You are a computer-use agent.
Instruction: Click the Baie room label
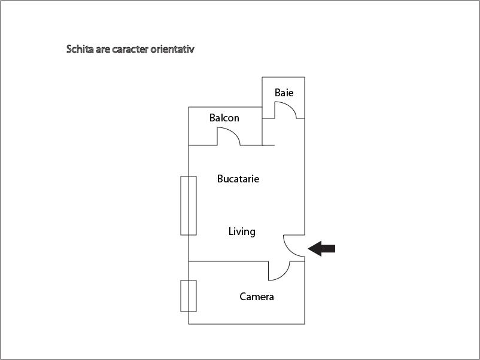pos(284,93)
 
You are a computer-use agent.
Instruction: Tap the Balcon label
pos(224,118)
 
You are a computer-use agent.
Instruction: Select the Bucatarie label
pos(238,179)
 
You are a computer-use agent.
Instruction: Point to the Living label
pos(242,231)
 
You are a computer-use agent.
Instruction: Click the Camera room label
pos(257,297)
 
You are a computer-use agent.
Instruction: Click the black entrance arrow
pos(321,248)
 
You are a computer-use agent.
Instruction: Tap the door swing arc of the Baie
pos(285,110)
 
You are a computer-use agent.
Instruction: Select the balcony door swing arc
pos(229,136)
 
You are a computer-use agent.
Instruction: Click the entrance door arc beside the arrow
pos(294,246)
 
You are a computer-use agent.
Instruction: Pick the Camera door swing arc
pos(279,271)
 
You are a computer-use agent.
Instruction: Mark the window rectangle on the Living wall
pos(189,206)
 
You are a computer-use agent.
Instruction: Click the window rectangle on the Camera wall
pos(189,296)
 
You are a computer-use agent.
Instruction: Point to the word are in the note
pos(103,50)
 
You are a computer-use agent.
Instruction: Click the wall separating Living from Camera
pos(229,261)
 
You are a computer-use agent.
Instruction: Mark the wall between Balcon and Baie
pos(262,126)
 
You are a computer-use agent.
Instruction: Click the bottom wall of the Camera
pos(247,324)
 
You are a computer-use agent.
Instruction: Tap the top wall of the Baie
pos(284,77)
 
